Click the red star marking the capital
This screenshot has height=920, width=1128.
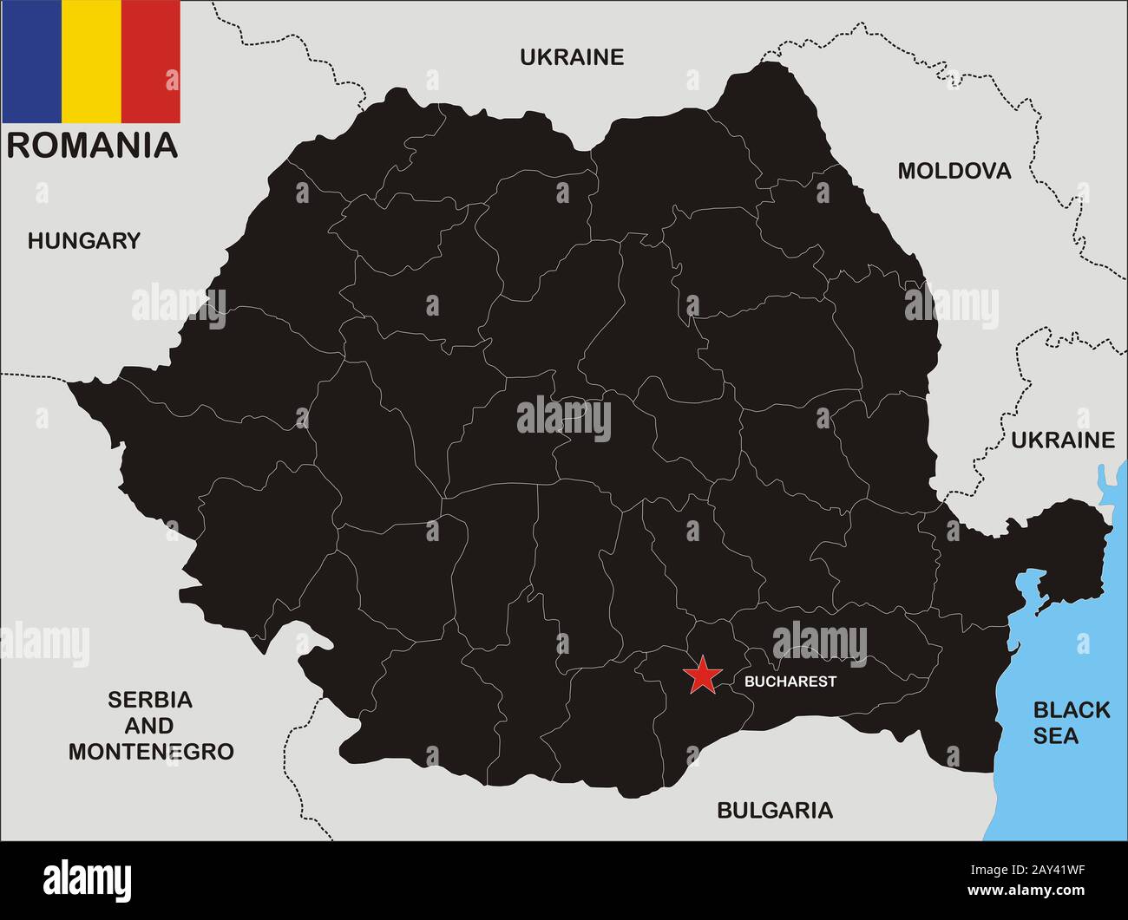tap(702, 675)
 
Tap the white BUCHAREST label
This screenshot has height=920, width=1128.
tap(790, 682)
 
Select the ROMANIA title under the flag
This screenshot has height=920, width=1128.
tap(92, 145)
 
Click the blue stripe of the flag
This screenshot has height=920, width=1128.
tap(31, 62)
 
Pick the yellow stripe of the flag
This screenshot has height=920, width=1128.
tap(91, 62)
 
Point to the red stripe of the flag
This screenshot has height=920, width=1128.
tap(151, 62)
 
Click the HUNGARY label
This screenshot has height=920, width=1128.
tap(83, 241)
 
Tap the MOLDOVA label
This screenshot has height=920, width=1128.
tap(954, 171)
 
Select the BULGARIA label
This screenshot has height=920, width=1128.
tap(774, 810)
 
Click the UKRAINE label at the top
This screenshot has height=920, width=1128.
tap(572, 57)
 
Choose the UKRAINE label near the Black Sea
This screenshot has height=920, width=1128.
tap(1062, 440)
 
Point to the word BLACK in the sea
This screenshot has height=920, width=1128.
tap(1071, 710)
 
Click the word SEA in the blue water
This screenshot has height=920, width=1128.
tap(1056, 736)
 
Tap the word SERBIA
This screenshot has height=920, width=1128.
tap(150, 699)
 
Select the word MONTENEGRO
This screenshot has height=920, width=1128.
tap(151, 751)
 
